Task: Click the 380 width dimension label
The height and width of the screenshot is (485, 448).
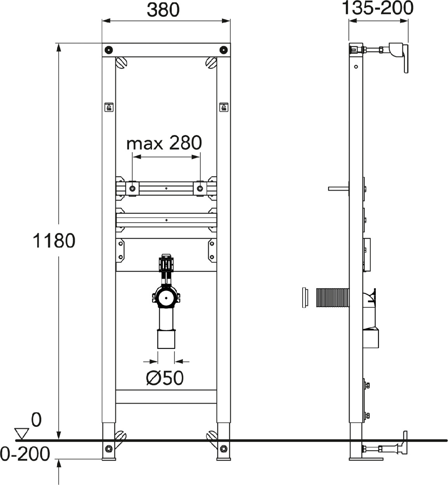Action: point(163,10)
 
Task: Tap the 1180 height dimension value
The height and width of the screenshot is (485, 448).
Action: point(54,241)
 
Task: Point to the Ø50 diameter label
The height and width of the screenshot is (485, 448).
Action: point(165,378)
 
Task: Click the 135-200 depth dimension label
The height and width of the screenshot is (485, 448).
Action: point(377,8)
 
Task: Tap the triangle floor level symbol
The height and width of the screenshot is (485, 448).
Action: point(21,433)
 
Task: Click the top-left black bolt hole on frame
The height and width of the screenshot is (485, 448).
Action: point(109,50)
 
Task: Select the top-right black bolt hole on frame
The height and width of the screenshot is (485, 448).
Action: point(224,50)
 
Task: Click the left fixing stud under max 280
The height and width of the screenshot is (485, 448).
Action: point(132,189)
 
